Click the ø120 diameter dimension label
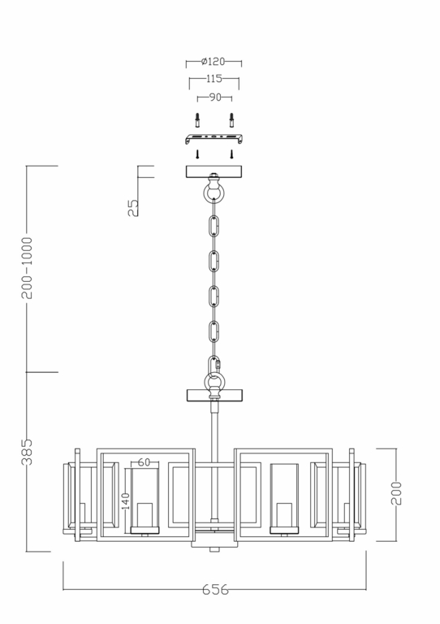214,62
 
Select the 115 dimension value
214,80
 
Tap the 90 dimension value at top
214,97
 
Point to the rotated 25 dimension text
134,207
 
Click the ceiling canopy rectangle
214,171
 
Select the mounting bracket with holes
214,137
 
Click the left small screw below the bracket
196,153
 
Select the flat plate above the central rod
214,396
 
